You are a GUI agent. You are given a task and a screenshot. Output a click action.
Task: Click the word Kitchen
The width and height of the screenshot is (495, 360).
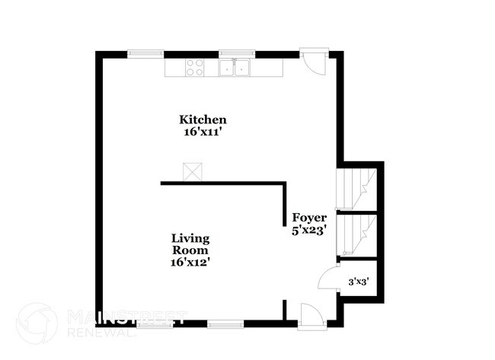(x=203, y=119)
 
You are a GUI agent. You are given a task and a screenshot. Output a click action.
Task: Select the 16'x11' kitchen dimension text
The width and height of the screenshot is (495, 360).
(x=202, y=132)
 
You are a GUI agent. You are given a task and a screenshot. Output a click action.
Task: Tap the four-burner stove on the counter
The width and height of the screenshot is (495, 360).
(x=195, y=68)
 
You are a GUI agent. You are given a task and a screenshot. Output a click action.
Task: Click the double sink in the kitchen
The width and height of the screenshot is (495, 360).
(x=235, y=68)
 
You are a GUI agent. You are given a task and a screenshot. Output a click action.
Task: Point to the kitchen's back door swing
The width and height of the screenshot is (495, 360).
(x=311, y=62)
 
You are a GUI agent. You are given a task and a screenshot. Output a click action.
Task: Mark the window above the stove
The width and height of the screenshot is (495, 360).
(x=145, y=53)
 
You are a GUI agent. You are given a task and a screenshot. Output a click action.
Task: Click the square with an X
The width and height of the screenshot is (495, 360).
(x=190, y=172)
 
